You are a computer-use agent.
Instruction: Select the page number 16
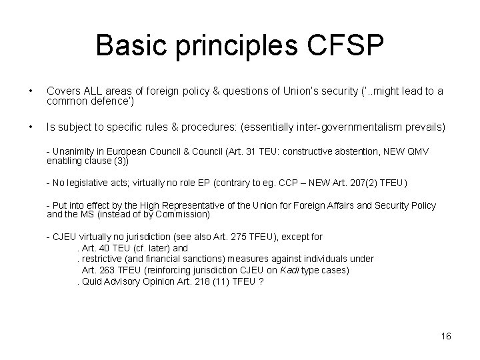point(446,336)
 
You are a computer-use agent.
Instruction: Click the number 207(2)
point(364,183)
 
